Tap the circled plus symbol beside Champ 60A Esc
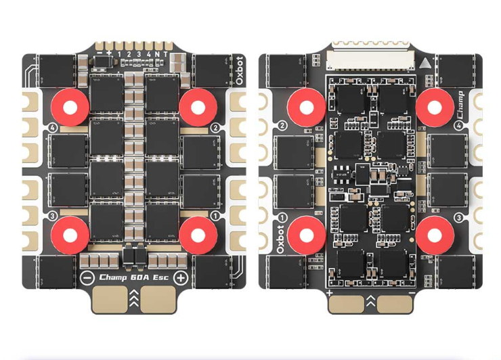pos(181,278)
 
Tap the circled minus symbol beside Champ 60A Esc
pos(87,278)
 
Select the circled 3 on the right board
pos(458,218)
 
